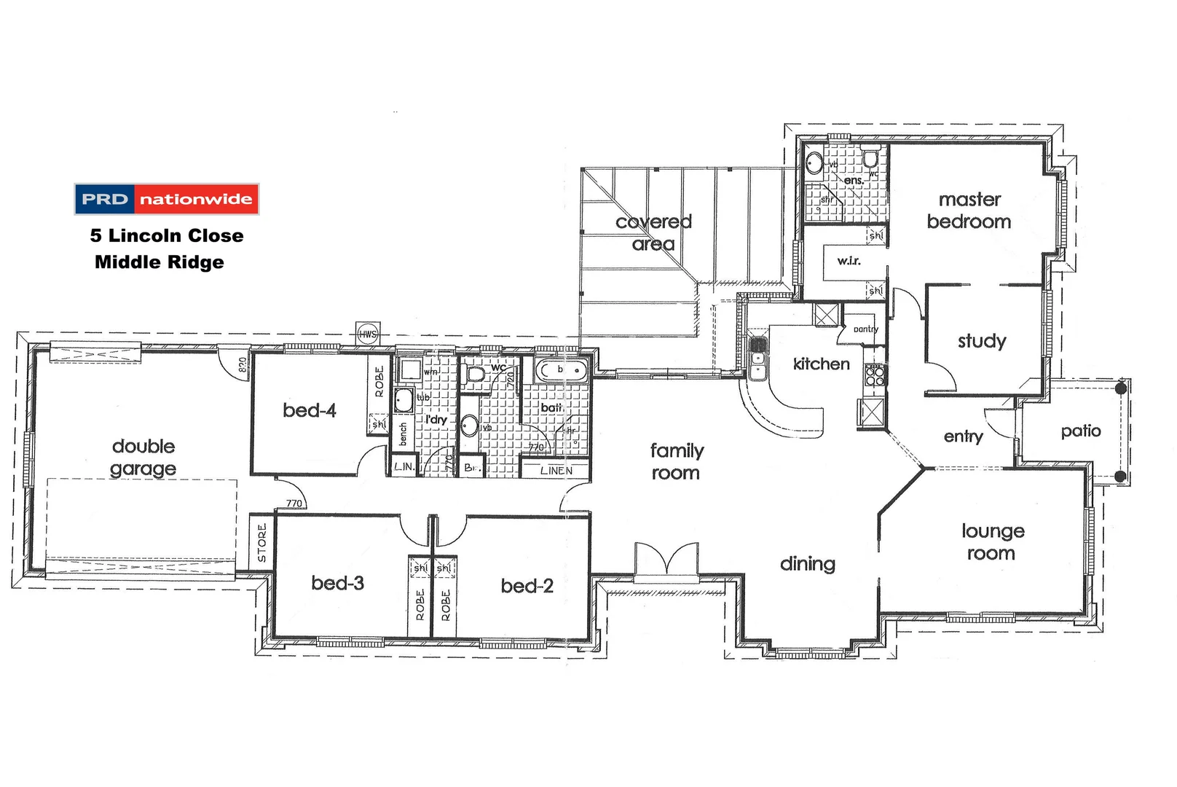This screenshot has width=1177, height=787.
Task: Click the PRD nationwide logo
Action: point(167,199)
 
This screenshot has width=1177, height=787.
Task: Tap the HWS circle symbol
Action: point(367,334)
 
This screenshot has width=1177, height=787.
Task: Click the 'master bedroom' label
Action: point(969,211)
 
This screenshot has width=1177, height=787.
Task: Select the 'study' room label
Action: point(982,341)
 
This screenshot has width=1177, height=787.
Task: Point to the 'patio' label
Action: point(1081,431)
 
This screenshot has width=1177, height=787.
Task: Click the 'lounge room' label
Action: point(992,542)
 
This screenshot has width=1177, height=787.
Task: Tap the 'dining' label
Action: point(807,564)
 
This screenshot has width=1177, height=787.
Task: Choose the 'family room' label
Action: point(677,462)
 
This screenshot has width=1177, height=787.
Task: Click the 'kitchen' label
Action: point(821,364)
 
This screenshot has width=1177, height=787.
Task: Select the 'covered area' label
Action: point(653,232)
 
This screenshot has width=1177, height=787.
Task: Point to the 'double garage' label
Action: point(143,458)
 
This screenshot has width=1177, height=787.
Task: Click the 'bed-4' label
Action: point(310,410)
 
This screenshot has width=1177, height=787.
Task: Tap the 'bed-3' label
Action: point(337,583)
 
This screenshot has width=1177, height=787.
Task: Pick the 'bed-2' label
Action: point(527,586)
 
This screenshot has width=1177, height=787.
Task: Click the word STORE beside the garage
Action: point(262,542)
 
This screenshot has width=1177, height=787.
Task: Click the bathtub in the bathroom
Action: point(561,371)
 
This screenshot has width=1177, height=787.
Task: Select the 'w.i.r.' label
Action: point(849,261)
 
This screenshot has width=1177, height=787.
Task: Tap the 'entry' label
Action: point(963,436)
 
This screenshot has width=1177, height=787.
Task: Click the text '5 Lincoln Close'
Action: point(167,235)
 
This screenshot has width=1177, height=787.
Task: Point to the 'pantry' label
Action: point(866,329)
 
